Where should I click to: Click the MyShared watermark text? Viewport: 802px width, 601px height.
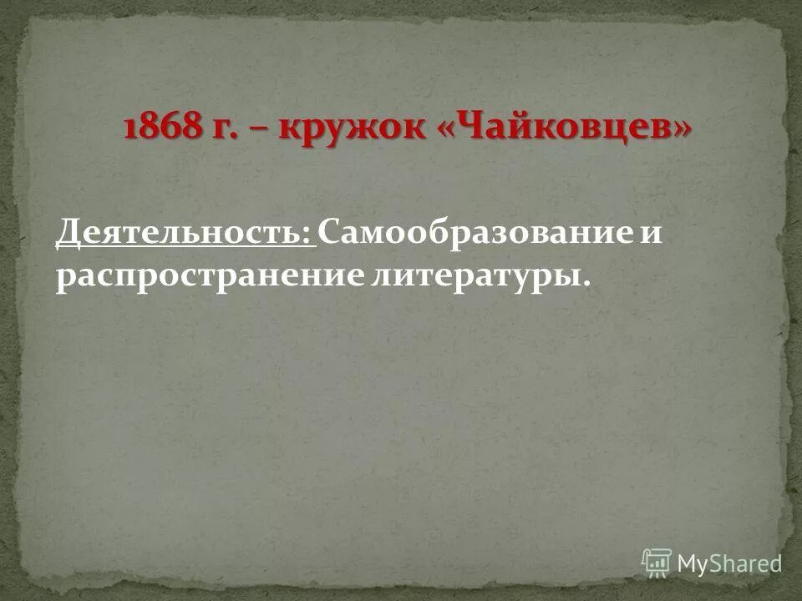click(728, 563)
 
